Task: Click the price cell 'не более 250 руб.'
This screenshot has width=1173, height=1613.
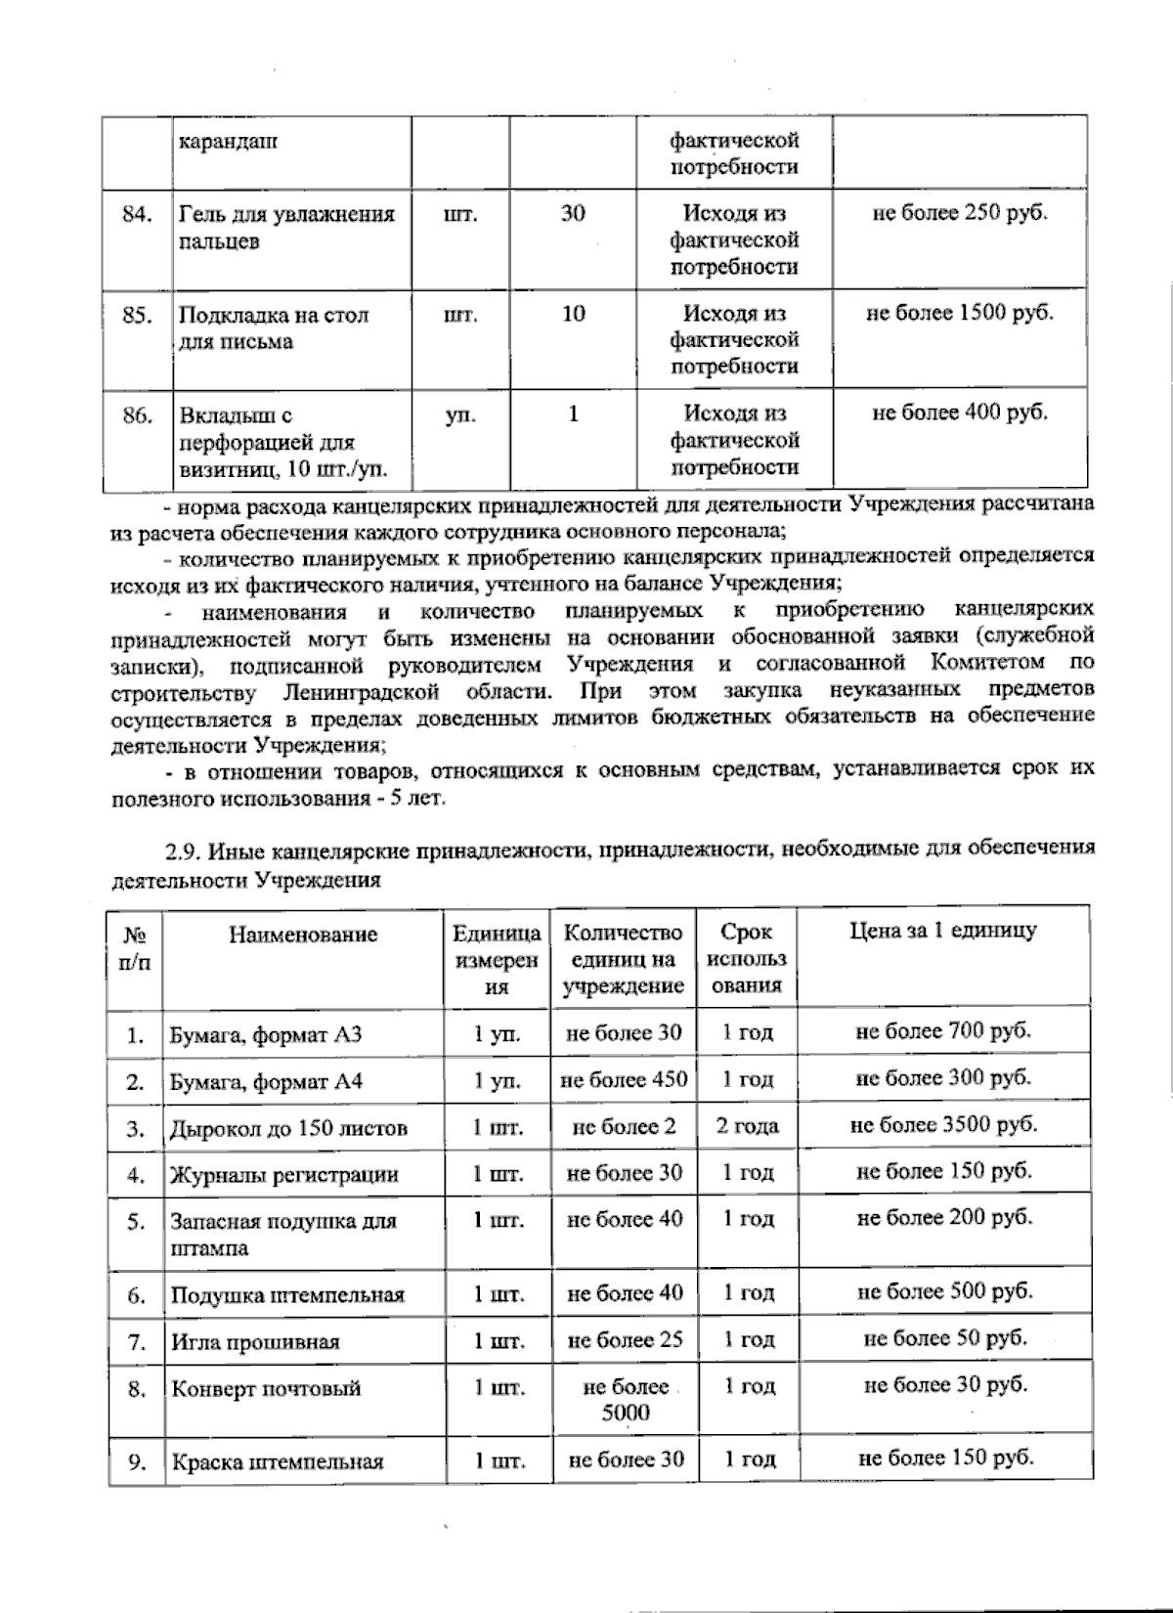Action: (959, 213)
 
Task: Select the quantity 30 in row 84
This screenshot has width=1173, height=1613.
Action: (573, 213)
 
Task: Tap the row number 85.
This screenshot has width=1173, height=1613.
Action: (138, 315)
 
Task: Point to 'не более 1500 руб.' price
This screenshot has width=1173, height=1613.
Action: (959, 313)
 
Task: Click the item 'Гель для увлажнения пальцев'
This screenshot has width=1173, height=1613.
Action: (286, 228)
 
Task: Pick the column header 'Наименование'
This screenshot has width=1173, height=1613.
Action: (303, 935)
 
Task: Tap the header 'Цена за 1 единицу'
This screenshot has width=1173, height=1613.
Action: (942, 930)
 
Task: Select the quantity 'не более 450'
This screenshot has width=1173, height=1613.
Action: (624, 1079)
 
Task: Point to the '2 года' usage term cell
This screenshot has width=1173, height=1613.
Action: (748, 1126)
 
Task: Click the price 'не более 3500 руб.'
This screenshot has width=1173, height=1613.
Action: (943, 1124)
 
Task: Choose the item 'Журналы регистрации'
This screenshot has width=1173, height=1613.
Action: (284, 1175)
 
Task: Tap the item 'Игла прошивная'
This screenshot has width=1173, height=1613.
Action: (255, 1342)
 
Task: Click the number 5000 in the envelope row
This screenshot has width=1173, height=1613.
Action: (626, 1412)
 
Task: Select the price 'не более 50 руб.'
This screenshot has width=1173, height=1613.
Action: (944, 1337)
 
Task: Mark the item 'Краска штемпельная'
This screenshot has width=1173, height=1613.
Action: (278, 1463)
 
